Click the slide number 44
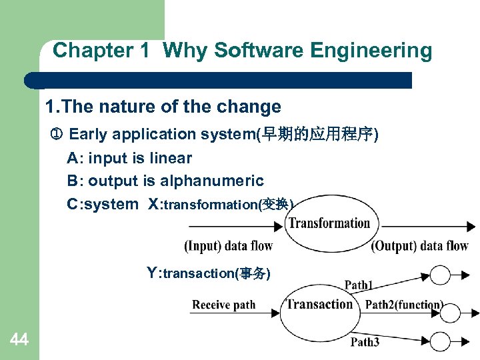point(19,341)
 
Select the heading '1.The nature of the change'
point(163,107)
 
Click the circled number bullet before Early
point(57,135)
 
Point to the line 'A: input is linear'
point(129,158)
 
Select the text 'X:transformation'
point(220,204)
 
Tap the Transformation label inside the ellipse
point(329,223)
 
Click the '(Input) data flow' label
point(228,246)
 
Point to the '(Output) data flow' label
point(419,246)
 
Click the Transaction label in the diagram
point(319,305)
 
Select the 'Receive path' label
point(223,305)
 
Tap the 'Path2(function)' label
point(403,305)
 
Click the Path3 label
point(365,342)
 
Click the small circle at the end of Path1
point(441,275)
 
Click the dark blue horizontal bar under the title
point(220,80)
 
